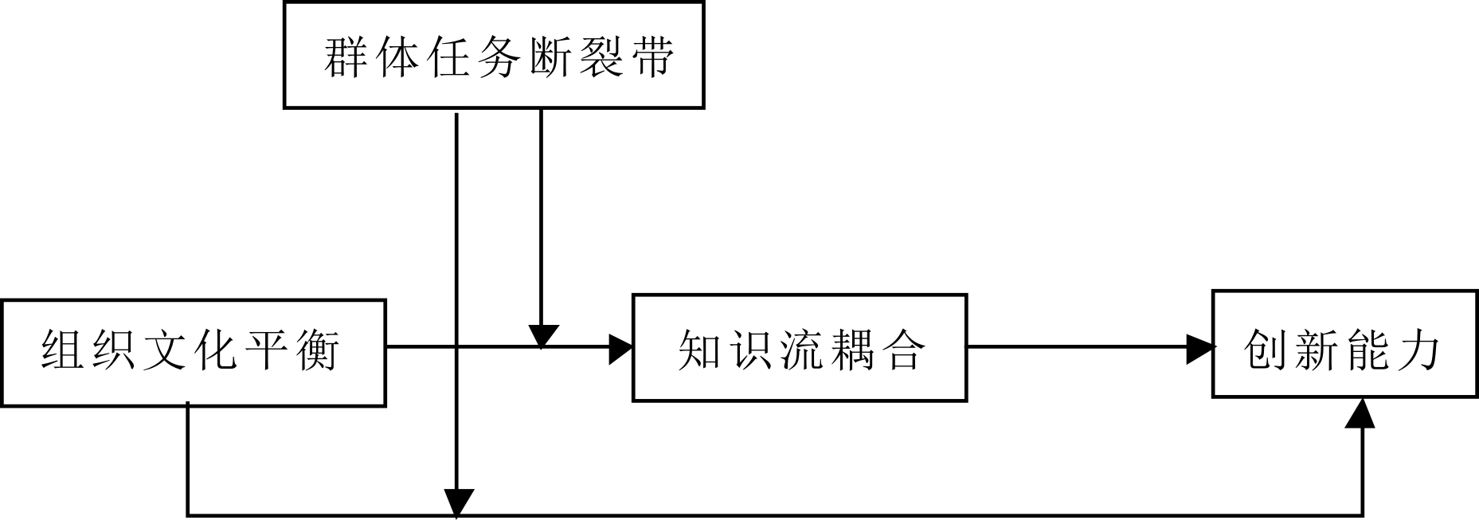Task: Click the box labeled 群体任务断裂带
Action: (x=494, y=54)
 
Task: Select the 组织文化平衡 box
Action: (x=194, y=352)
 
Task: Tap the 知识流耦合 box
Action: (x=799, y=348)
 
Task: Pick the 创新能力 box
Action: (x=1344, y=344)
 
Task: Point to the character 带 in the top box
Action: (x=649, y=57)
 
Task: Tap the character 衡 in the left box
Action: (x=317, y=350)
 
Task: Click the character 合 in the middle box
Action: (x=903, y=350)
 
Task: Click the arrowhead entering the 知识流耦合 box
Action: (x=620, y=348)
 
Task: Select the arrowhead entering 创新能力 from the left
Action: (x=1199, y=348)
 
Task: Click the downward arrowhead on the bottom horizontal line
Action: (x=457, y=502)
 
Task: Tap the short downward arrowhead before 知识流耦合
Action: (x=542, y=336)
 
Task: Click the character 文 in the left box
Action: (x=166, y=350)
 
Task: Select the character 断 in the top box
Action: (x=548, y=57)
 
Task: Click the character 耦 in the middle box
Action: (x=852, y=350)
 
